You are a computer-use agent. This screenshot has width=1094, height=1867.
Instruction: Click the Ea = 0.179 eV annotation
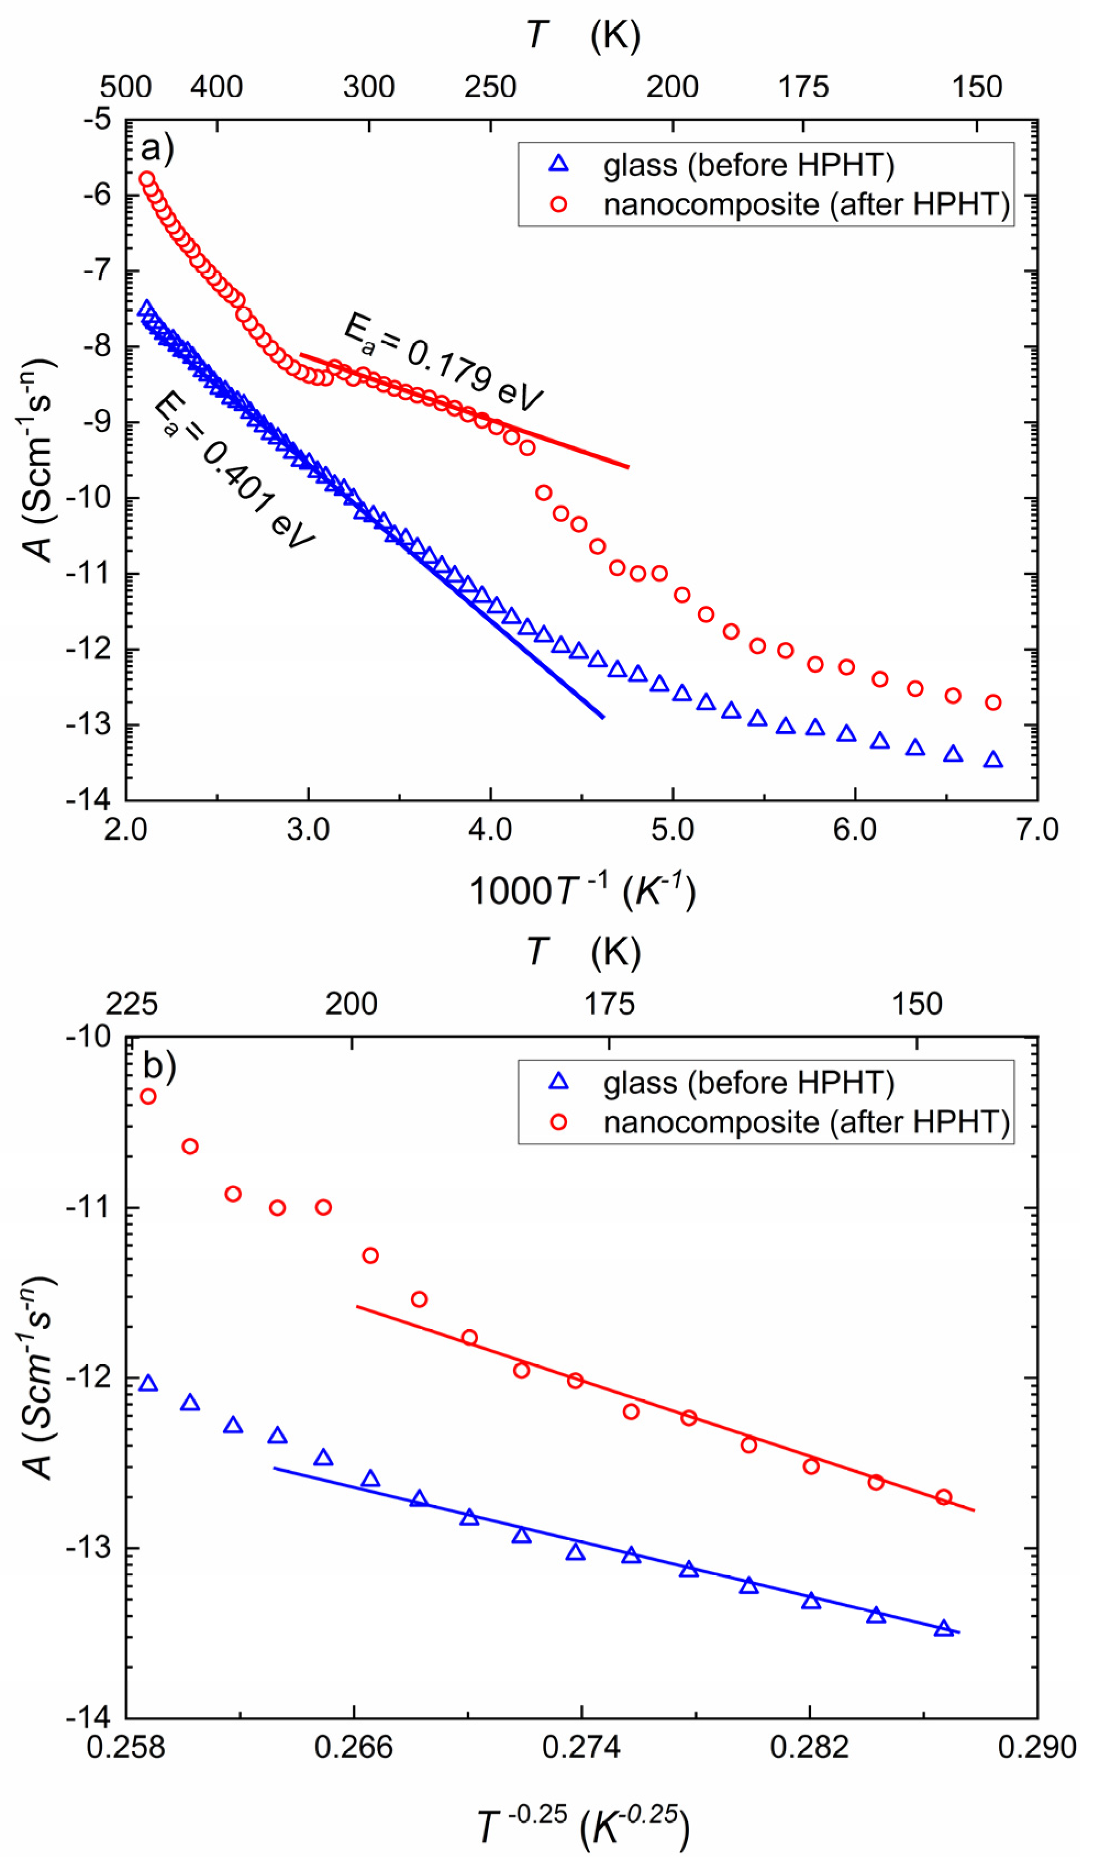(x=443, y=362)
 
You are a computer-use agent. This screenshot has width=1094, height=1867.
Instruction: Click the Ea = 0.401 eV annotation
(x=234, y=471)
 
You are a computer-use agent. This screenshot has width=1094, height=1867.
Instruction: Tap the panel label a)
(x=157, y=147)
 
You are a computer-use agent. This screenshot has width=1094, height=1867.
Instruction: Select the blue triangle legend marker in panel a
(x=558, y=164)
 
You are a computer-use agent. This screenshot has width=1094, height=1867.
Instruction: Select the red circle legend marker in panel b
(x=558, y=1122)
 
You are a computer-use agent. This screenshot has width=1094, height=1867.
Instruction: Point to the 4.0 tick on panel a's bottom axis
(x=490, y=829)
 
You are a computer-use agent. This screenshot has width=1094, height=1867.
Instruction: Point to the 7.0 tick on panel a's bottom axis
(x=1036, y=829)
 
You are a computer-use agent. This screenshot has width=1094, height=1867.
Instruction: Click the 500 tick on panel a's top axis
(x=126, y=87)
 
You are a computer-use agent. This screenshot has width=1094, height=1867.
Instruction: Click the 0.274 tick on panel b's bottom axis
(x=581, y=1748)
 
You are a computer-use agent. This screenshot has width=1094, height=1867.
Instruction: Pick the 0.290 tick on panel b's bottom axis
(x=1036, y=1748)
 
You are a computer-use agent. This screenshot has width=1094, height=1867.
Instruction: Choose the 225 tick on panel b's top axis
(x=132, y=1005)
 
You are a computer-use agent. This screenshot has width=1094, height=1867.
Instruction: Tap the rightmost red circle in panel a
(x=993, y=702)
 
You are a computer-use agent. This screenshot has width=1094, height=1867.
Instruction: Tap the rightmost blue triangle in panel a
(x=993, y=760)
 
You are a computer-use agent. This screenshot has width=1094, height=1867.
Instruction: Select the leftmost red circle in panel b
(x=148, y=1096)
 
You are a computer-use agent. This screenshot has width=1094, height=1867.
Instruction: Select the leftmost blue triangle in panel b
(x=148, y=1384)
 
